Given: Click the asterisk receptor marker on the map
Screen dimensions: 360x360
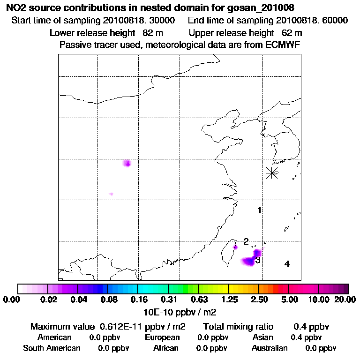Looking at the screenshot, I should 272,173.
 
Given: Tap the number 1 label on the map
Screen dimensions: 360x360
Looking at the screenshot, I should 259,210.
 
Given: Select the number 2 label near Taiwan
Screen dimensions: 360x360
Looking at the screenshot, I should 246,241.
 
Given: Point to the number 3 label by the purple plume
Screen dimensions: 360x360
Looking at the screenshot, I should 258,260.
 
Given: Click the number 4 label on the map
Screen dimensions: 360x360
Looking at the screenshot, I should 287,264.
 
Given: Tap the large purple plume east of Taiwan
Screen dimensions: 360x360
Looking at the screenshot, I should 251,259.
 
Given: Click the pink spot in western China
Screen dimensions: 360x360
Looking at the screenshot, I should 127,163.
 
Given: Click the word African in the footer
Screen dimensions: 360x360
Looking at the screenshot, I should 166,348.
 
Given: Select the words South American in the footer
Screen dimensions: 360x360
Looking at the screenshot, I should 52,348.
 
